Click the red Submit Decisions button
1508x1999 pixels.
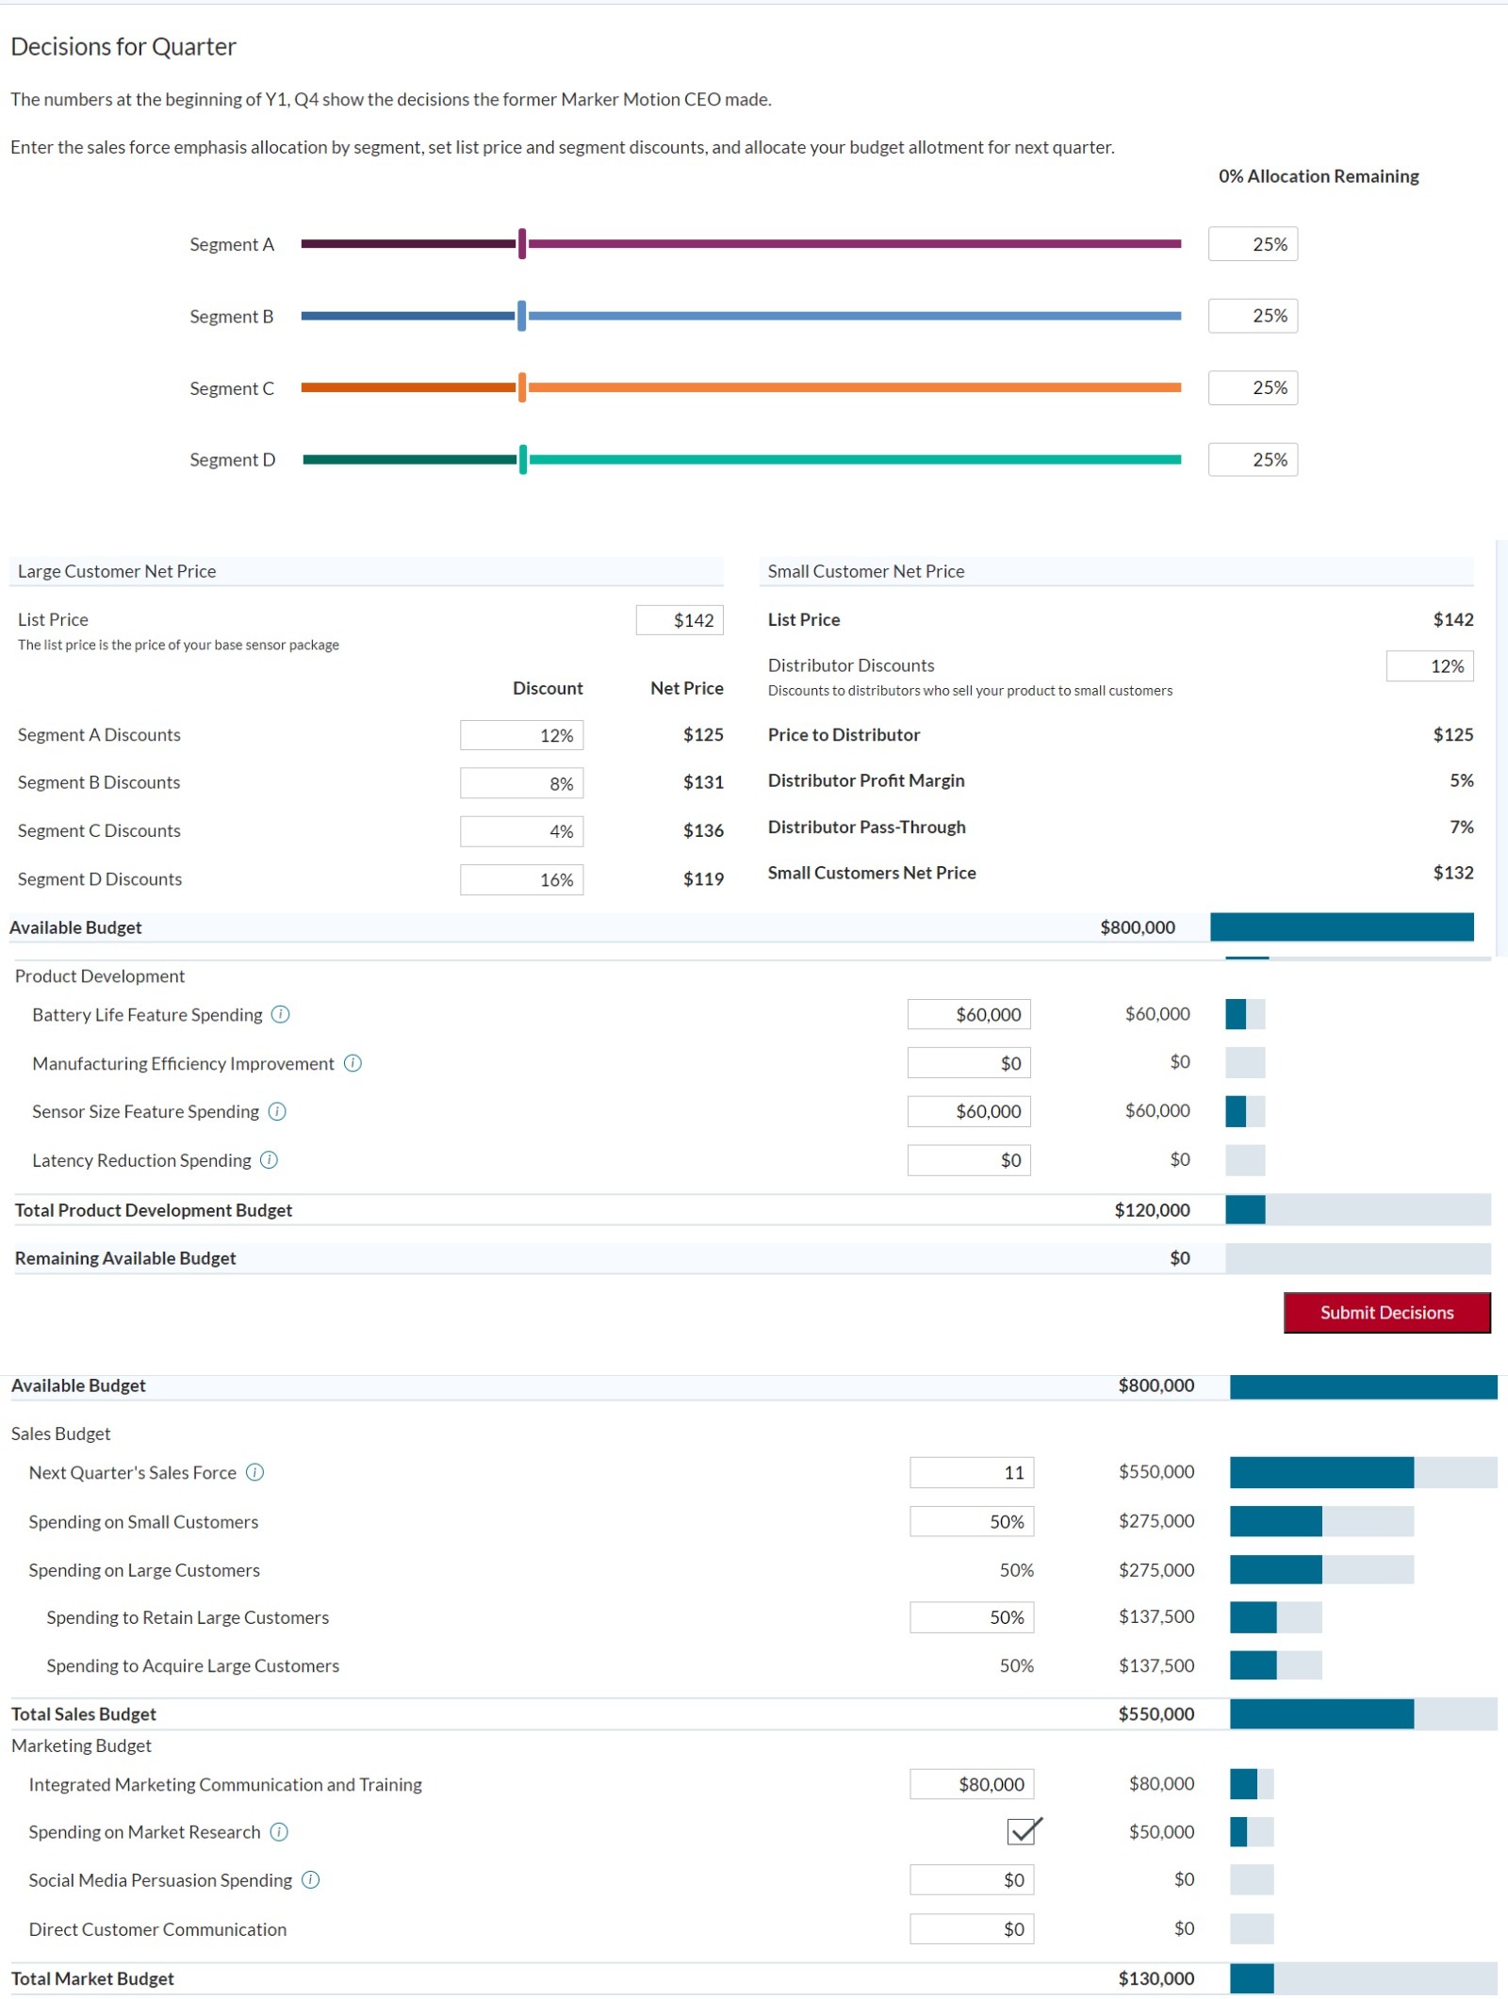pos(1385,1312)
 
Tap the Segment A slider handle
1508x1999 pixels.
pos(522,244)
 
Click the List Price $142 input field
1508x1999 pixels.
pos(680,620)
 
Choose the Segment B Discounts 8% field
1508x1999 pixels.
pos(521,783)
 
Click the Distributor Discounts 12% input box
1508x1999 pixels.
pos(1429,666)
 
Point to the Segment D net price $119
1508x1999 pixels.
pos(703,879)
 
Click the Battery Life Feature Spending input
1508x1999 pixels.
pos(969,1015)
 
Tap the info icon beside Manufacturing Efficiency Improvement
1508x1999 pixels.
pos(352,1063)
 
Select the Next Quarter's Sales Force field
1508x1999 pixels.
pos(971,1472)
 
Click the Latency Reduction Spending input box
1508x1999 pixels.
pos(969,1160)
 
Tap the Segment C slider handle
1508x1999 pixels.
pos(522,387)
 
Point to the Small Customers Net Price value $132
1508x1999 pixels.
pos(1452,873)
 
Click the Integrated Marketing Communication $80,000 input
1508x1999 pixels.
pos(971,1784)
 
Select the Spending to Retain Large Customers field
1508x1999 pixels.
pos(971,1617)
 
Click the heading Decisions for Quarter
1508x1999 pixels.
pos(123,46)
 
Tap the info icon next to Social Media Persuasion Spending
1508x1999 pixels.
pos(310,1880)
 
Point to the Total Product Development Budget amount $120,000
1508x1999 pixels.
pos(1152,1210)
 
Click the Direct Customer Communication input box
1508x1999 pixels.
pos(971,1929)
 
